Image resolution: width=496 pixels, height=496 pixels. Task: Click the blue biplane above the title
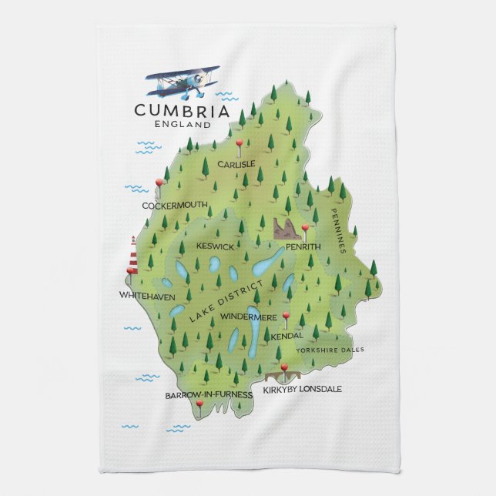[183, 81]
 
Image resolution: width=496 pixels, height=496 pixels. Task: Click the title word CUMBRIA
[182, 110]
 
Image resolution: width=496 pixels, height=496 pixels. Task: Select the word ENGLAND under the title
[183, 124]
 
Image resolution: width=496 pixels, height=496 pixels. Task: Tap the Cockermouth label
[175, 206]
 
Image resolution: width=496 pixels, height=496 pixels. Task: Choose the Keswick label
[215, 246]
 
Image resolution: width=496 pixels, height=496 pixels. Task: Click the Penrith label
[303, 246]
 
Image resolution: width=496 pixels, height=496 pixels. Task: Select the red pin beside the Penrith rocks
[305, 228]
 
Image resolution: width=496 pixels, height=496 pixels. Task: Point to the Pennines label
[340, 231]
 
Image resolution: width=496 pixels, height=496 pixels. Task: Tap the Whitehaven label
[147, 296]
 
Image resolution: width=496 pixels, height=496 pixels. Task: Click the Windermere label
[248, 317]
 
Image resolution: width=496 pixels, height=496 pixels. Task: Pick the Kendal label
[287, 336]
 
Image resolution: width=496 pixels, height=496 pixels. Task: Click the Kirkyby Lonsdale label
[302, 389]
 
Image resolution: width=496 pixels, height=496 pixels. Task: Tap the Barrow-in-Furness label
[209, 395]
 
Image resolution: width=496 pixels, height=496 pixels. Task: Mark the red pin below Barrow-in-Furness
[199, 404]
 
